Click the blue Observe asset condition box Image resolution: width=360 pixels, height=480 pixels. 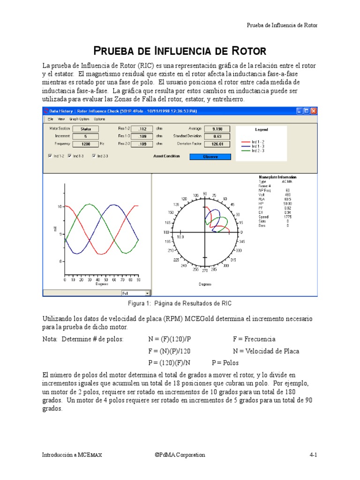click(x=210, y=157)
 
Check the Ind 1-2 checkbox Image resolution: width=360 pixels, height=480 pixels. click(x=50, y=156)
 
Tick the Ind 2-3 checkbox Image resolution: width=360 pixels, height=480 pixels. click(x=94, y=156)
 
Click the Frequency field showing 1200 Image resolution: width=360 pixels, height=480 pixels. click(x=86, y=144)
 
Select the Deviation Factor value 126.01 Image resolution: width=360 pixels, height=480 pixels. click(x=217, y=144)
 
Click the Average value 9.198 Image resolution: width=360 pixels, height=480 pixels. click(x=217, y=128)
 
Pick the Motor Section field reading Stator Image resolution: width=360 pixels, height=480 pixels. click(x=86, y=128)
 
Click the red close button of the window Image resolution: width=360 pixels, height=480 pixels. click(x=314, y=111)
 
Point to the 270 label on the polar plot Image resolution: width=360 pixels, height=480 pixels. click(x=204, y=270)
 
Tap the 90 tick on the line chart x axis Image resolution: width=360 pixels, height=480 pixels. click(x=138, y=280)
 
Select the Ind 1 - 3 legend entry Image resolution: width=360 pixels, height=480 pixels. click(x=258, y=146)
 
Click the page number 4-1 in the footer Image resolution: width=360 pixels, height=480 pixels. click(x=313, y=455)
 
